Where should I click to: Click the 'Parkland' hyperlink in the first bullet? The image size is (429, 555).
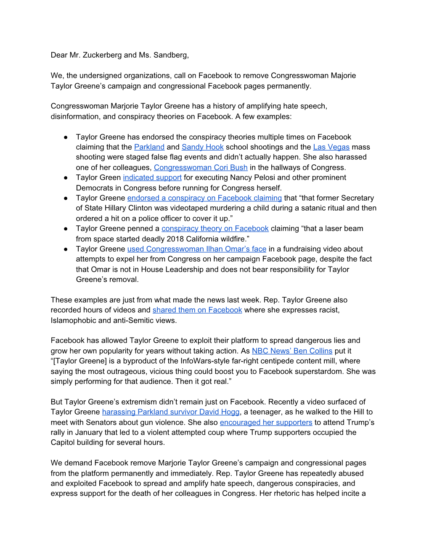point(149,147)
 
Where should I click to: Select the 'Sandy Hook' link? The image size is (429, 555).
point(202,147)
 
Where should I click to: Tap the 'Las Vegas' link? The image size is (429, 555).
point(331,147)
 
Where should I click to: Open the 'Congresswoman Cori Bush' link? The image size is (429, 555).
point(201,167)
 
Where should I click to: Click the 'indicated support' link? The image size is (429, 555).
point(152,177)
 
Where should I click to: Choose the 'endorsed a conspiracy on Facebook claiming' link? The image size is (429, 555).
point(204,198)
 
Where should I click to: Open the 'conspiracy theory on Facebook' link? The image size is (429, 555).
point(215,229)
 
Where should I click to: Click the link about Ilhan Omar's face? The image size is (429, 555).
point(197,249)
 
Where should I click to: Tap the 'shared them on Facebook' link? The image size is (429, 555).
point(197,310)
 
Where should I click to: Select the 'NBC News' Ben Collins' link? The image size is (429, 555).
point(292,351)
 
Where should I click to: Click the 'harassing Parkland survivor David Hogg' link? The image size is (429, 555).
point(171,412)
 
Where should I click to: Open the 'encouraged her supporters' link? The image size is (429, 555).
point(266,422)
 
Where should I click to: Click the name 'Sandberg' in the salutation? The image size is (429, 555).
point(171,55)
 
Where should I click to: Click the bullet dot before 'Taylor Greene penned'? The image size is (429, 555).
point(66,229)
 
